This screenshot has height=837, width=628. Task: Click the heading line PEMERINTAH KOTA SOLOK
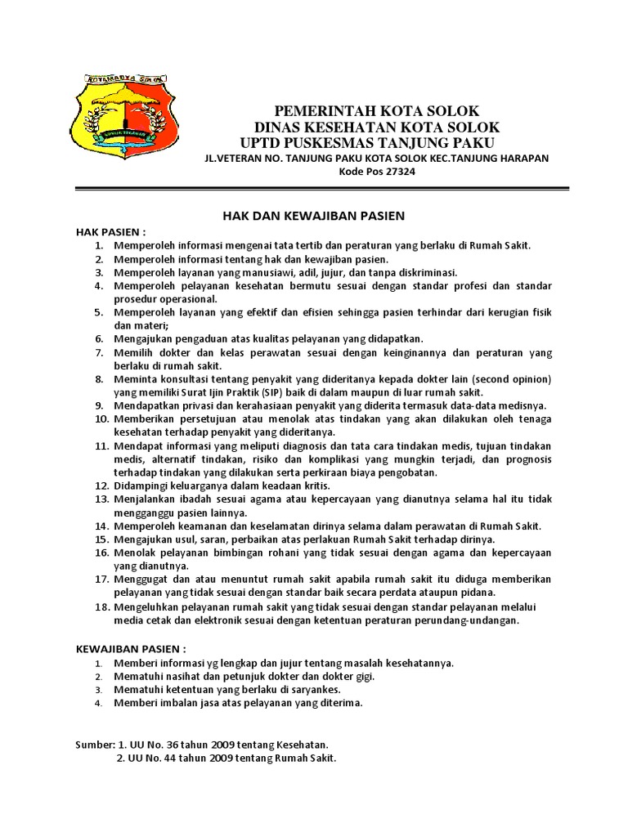pyautogui.click(x=376, y=111)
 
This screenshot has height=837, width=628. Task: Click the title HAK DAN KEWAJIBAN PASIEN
pyautogui.click(x=315, y=216)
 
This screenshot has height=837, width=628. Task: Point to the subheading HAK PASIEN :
pyautogui.click(x=111, y=231)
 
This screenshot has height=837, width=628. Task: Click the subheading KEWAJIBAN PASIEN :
pyautogui.click(x=137, y=649)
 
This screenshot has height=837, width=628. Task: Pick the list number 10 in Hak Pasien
pyautogui.click(x=100, y=418)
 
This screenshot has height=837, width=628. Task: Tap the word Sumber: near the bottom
pyautogui.click(x=95, y=745)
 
